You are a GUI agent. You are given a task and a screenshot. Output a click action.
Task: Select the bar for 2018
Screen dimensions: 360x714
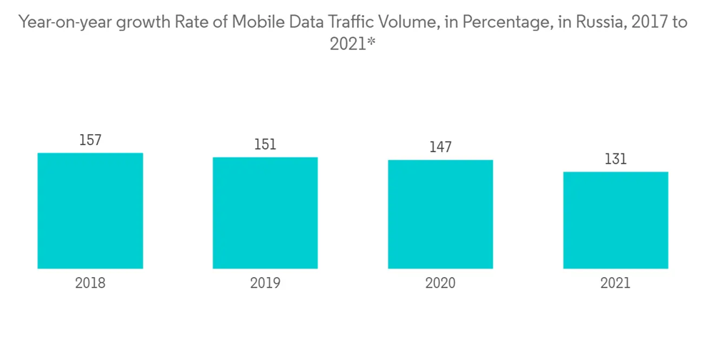(90, 211)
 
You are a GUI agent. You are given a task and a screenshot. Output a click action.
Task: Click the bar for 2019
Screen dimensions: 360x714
(265, 213)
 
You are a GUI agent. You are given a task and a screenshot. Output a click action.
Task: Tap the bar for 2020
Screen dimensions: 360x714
(441, 214)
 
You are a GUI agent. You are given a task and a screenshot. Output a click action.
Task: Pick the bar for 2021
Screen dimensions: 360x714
(615, 220)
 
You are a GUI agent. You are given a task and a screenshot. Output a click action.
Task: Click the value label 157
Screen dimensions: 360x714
(90, 141)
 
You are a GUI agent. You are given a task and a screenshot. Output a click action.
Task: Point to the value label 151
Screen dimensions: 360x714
(265, 145)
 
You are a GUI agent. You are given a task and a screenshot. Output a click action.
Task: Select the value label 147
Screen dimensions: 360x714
(441, 148)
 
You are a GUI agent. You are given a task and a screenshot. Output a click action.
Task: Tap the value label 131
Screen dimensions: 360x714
(615, 159)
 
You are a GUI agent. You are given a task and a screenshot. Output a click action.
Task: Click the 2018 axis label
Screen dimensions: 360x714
(90, 283)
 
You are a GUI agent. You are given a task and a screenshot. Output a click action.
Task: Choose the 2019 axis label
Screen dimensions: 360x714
(265, 283)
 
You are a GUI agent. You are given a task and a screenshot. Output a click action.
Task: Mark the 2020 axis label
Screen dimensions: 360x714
(441, 283)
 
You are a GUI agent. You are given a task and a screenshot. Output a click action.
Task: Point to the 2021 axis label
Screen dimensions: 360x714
(615, 283)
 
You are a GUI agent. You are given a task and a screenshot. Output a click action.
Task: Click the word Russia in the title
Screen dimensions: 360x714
(600, 22)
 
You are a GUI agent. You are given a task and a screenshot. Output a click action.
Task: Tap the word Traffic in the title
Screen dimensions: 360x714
(363, 22)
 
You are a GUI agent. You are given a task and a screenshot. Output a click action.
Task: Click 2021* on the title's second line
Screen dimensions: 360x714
(353, 44)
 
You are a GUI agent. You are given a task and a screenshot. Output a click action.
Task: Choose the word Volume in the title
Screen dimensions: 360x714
(416, 22)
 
